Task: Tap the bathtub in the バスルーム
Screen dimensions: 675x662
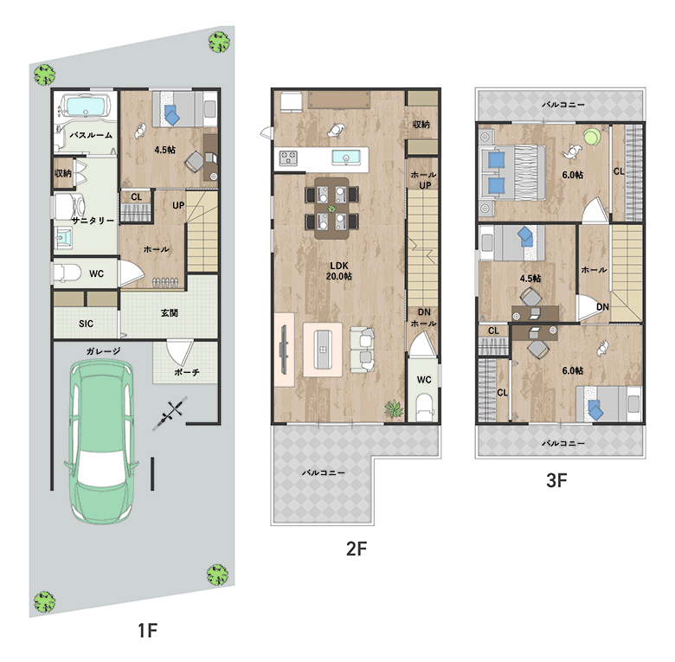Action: pos(86,106)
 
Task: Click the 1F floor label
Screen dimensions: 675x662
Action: pos(147,631)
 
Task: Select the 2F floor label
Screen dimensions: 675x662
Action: pos(357,549)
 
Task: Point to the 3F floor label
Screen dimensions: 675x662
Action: pos(556,480)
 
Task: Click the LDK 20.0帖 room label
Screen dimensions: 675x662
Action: pos(338,271)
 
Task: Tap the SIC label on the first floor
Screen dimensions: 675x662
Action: pos(86,324)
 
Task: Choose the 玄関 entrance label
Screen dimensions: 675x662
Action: pos(170,313)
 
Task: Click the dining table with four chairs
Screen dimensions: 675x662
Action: pos(331,209)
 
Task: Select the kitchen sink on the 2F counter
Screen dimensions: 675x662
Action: pos(346,157)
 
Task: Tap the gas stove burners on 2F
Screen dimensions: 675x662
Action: pos(288,157)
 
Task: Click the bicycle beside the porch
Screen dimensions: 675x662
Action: pos(170,414)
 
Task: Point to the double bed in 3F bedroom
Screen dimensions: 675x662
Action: pos(512,172)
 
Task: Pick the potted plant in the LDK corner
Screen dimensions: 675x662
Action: pos(393,408)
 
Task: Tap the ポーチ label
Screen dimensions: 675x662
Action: pos(186,372)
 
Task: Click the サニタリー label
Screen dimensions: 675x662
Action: pos(93,221)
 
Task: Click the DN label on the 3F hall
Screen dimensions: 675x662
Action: pos(602,306)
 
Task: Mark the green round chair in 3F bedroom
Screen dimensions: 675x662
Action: pos(592,137)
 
